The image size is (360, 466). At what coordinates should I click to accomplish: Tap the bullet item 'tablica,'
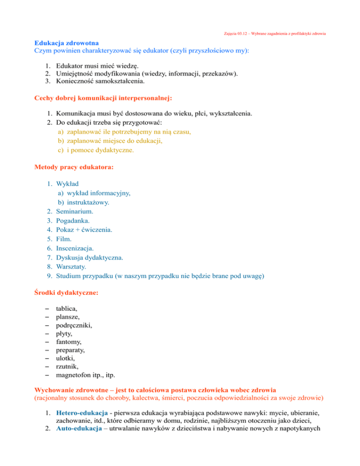tap(67, 308)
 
